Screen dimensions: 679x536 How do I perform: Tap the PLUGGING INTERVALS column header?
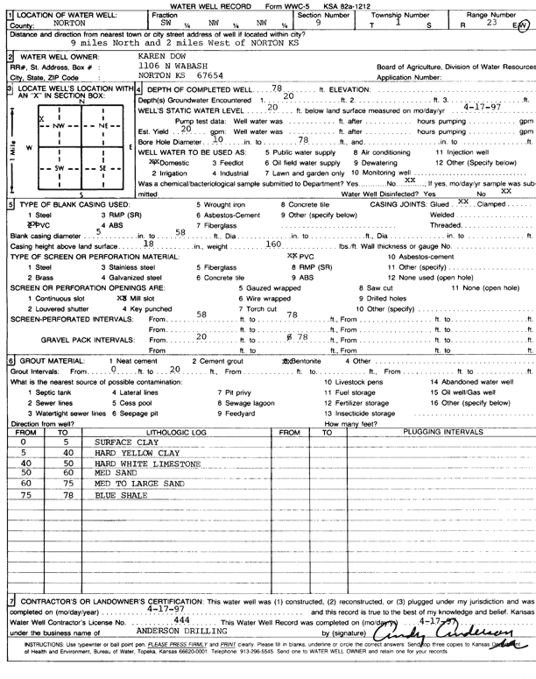click(438, 432)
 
